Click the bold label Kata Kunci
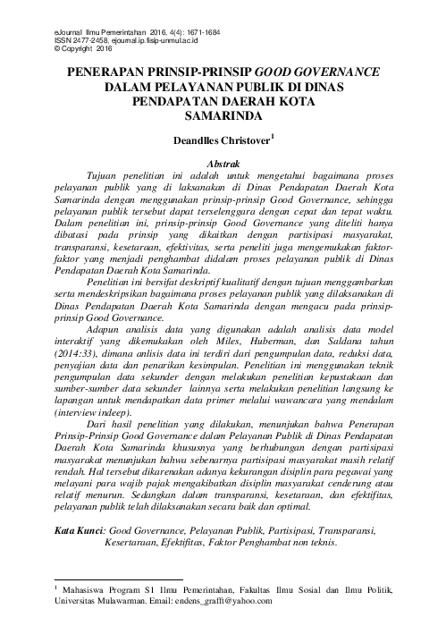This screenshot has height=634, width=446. point(81,530)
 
